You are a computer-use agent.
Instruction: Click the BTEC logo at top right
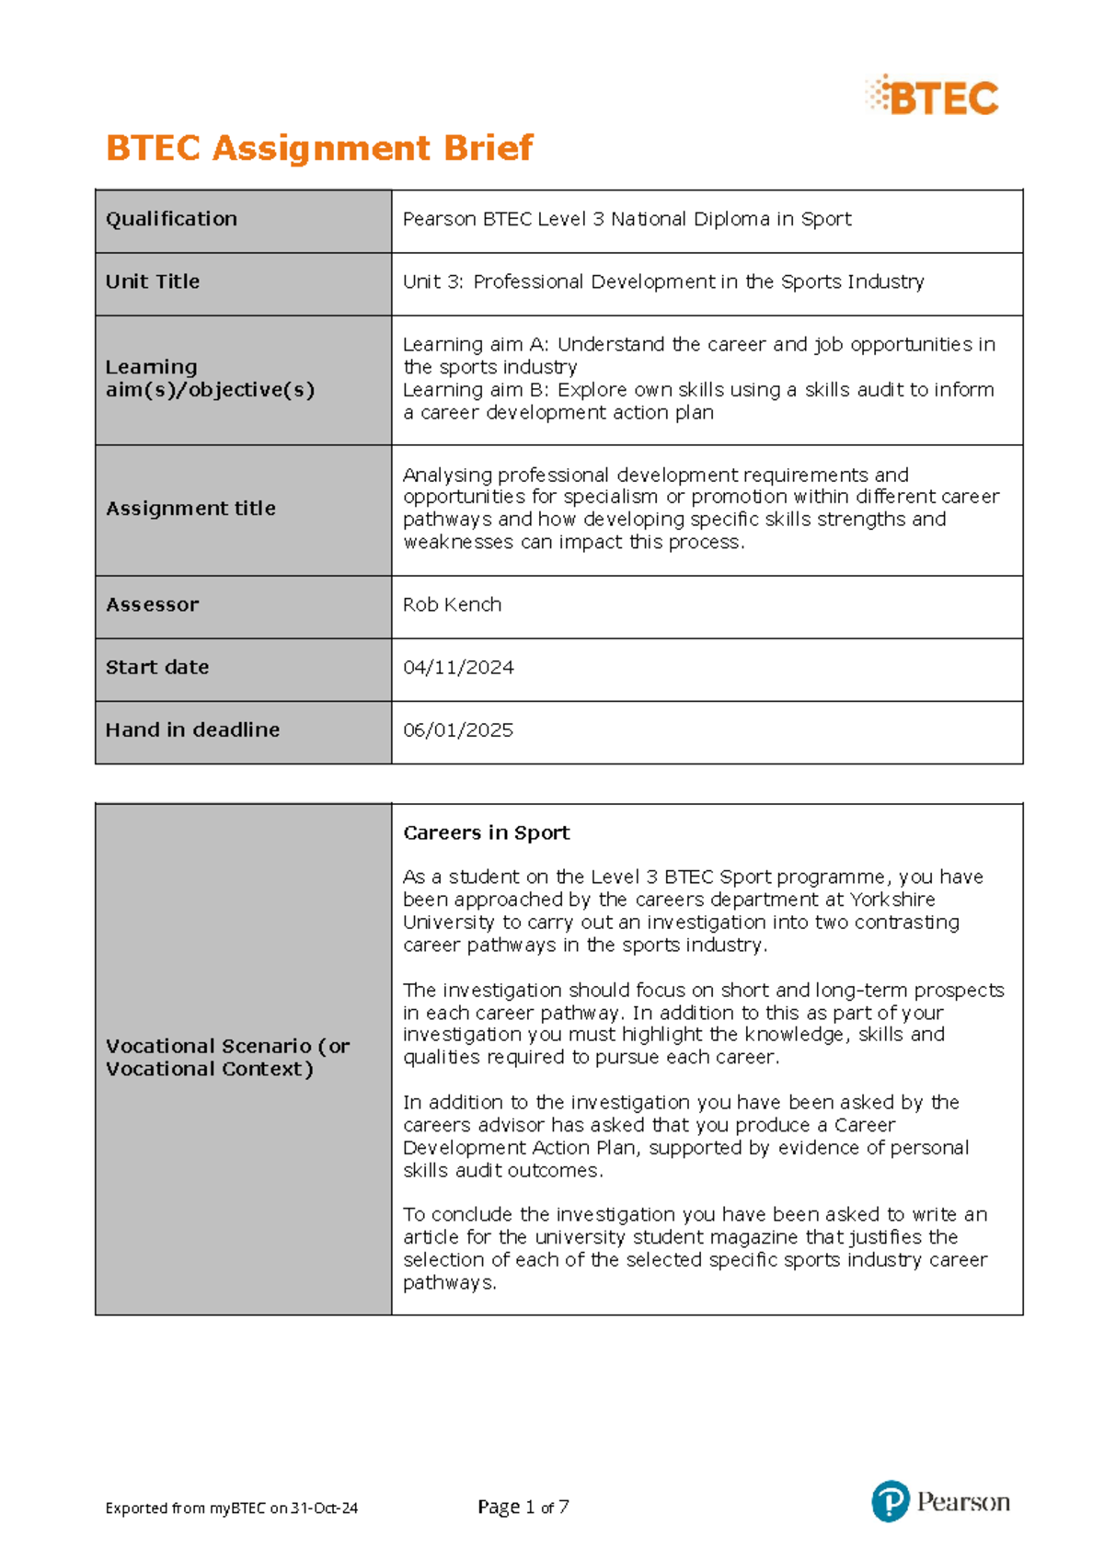coord(933,97)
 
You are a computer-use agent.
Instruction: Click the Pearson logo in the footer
coord(940,1501)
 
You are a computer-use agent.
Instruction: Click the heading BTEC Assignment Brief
coord(319,148)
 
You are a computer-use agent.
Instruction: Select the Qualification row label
coord(171,219)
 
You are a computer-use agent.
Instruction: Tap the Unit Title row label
coord(153,281)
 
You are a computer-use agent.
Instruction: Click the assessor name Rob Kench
coord(452,604)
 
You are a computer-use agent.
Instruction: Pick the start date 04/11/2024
coord(458,667)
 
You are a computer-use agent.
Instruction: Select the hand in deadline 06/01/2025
coord(458,729)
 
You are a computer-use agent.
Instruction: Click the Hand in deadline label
coord(192,729)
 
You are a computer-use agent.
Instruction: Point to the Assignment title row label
coord(190,508)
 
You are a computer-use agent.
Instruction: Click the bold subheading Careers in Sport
coord(486,832)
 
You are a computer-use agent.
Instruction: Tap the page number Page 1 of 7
coord(523,1507)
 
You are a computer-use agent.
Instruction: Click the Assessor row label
coord(152,604)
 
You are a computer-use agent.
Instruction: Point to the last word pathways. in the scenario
coord(449,1282)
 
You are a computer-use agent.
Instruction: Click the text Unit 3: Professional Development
coord(586,281)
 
